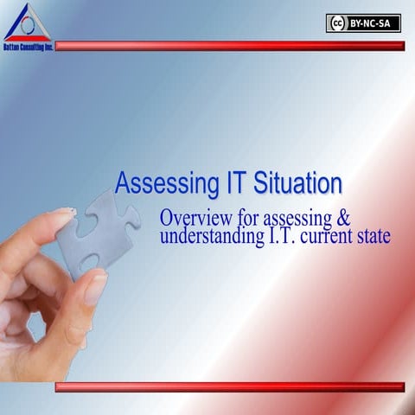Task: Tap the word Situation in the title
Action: pyautogui.click(x=298, y=183)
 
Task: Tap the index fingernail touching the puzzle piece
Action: pyautogui.click(x=62, y=212)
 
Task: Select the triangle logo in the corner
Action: pyautogui.click(x=27, y=22)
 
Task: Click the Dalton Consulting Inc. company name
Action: pyautogui.click(x=27, y=47)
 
